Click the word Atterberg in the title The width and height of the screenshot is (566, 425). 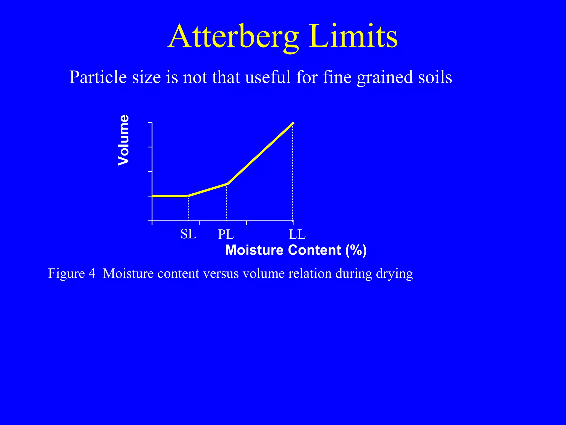tap(234, 37)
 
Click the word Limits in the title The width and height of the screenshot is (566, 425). tap(353, 37)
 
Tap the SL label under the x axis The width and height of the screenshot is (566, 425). tap(188, 234)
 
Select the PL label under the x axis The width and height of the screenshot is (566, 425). tap(226, 235)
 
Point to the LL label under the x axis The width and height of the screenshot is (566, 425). tap(297, 235)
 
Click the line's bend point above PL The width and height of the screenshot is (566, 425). tap(227, 184)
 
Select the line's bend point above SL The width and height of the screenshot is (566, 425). tap(188, 196)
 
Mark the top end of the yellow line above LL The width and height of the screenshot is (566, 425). tap(293, 123)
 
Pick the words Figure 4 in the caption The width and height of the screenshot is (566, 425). tap(72, 273)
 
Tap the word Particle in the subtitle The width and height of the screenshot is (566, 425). tap(98, 77)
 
